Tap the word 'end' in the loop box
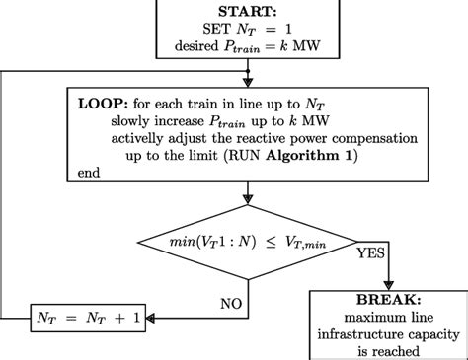(x=88, y=173)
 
